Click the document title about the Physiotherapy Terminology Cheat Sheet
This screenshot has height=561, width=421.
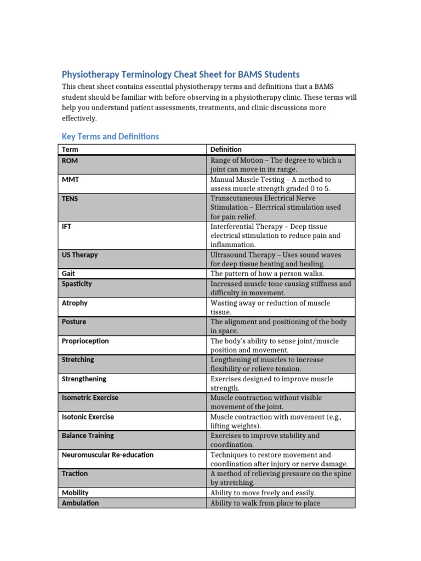(x=181, y=75)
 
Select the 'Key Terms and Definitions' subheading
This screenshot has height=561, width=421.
(x=110, y=136)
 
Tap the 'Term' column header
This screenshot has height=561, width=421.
(x=70, y=149)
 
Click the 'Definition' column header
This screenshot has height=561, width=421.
(x=226, y=149)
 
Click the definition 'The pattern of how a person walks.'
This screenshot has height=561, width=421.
(x=268, y=273)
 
